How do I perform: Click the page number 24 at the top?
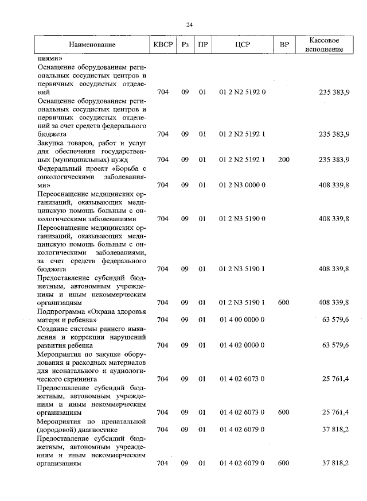pyautogui.click(x=189, y=24)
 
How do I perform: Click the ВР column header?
pyautogui.click(x=284, y=44)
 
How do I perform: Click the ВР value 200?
pyautogui.click(x=284, y=160)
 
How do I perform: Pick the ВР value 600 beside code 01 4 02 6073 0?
pyautogui.click(x=284, y=413)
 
